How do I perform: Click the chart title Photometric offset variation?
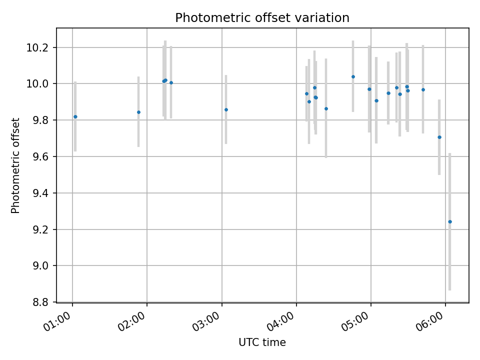(262, 18)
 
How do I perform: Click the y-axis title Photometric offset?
(15, 165)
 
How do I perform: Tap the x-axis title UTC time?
(262, 342)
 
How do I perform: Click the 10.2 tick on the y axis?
(41, 47)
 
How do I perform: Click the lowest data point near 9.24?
(449, 221)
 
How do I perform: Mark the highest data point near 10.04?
(353, 76)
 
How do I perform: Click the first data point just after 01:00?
(75, 116)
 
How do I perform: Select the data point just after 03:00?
(226, 109)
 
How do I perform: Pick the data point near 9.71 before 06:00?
(439, 137)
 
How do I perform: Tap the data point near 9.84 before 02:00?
(138, 112)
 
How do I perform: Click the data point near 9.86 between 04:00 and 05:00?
(326, 108)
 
